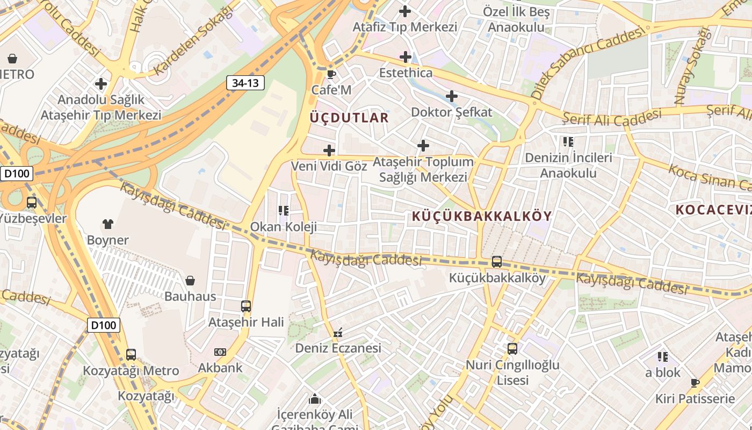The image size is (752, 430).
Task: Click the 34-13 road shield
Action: pyautogui.click(x=245, y=83)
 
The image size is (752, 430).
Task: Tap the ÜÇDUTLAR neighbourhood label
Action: pyautogui.click(x=349, y=118)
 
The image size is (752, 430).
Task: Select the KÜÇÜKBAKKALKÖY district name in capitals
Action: pyautogui.click(x=482, y=216)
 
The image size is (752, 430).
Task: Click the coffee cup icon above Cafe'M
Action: pyautogui.click(x=331, y=74)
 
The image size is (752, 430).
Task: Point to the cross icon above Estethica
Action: pyautogui.click(x=406, y=56)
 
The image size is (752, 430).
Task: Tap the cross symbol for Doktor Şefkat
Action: pyautogui.click(x=452, y=97)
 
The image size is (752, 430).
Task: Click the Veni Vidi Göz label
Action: pyautogui.click(x=329, y=166)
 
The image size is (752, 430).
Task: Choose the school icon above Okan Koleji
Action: pyautogui.click(x=283, y=211)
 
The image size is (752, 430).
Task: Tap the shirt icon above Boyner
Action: pyautogui.click(x=108, y=224)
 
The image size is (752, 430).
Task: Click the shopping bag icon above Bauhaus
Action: pyautogui.click(x=190, y=280)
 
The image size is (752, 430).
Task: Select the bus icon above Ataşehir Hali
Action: pyautogui.click(x=246, y=306)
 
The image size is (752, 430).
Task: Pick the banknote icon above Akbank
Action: pyautogui.click(x=220, y=352)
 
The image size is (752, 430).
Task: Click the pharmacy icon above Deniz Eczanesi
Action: pyautogui.click(x=338, y=333)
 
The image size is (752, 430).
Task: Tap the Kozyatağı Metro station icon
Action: pyautogui.click(x=131, y=355)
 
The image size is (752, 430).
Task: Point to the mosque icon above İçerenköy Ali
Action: pyautogui.click(x=315, y=399)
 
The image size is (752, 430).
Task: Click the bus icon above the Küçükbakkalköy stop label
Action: pyautogui.click(x=497, y=262)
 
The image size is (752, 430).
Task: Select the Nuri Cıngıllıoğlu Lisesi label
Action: pyautogui.click(x=512, y=372)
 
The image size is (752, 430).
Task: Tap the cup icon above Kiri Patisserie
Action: pyautogui.click(x=695, y=383)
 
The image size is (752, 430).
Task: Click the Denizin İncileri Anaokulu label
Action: pyautogui.click(x=568, y=166)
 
